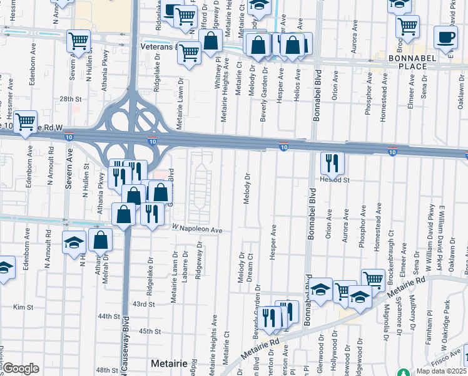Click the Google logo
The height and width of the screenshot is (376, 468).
21,368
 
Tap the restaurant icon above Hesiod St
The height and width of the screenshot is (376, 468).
332,164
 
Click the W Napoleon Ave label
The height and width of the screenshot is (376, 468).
198,230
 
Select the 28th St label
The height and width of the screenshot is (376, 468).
71,99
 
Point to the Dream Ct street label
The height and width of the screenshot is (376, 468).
250,265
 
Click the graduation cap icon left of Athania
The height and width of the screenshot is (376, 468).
74,243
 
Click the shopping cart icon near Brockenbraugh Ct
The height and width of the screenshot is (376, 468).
373,279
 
